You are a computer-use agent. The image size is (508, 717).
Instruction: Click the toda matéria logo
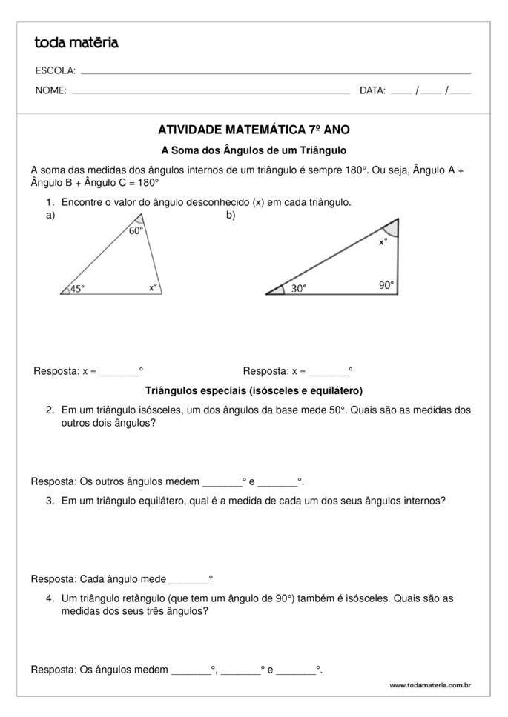(76, 43)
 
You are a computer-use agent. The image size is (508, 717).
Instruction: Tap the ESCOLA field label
(55, 70)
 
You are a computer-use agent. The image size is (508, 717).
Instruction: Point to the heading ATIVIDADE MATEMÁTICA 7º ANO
(254, 129)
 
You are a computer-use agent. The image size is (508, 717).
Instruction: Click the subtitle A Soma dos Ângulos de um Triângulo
(254, 149)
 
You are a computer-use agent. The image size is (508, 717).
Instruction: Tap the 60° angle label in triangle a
(136, 230)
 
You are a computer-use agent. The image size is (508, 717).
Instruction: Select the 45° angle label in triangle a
(77, 289)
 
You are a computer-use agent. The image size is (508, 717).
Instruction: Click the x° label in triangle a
(153, 287)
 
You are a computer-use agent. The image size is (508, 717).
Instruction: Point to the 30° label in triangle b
(298, 289)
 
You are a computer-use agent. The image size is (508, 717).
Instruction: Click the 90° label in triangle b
(387, 284)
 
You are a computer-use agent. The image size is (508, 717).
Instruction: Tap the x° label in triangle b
(383, 241)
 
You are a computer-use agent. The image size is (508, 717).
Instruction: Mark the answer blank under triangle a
(119, 371)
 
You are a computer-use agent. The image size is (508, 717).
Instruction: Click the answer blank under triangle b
(329, 371)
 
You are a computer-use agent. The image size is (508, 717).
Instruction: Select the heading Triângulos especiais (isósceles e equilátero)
(254, 390)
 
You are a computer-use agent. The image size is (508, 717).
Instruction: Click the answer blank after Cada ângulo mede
(189, 578)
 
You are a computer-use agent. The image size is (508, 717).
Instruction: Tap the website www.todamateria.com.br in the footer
(430, 686)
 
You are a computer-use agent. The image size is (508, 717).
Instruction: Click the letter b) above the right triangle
(231, 216)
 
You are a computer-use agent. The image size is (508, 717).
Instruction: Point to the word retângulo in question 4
(144, 598)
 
